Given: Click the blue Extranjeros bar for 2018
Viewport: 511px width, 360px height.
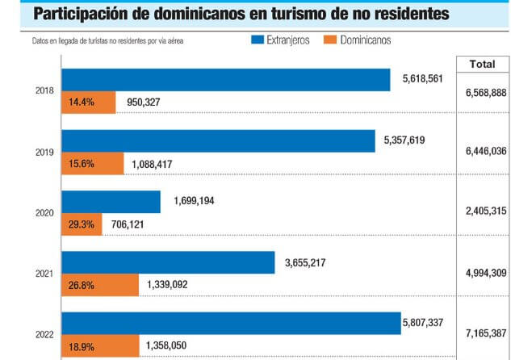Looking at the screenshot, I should coord(226,80).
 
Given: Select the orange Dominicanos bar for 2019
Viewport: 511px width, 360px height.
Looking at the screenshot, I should coord(93,164).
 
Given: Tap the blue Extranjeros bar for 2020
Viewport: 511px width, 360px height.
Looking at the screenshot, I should coord(111,202).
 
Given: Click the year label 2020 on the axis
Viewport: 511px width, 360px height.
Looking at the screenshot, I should coord(46,214).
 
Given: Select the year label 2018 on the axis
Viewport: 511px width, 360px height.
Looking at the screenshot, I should coord(46,91).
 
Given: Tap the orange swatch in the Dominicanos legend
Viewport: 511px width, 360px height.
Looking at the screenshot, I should coord(329,40).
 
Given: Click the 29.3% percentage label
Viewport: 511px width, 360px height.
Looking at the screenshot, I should coord(78,225).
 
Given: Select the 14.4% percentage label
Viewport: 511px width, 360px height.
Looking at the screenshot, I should coord(78,103).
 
